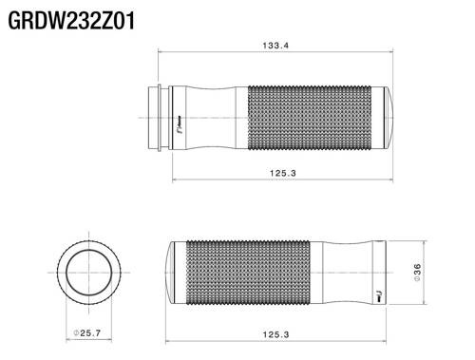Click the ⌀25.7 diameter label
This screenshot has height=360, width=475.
(91, 333)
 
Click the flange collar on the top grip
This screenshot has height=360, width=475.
(156, 116)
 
